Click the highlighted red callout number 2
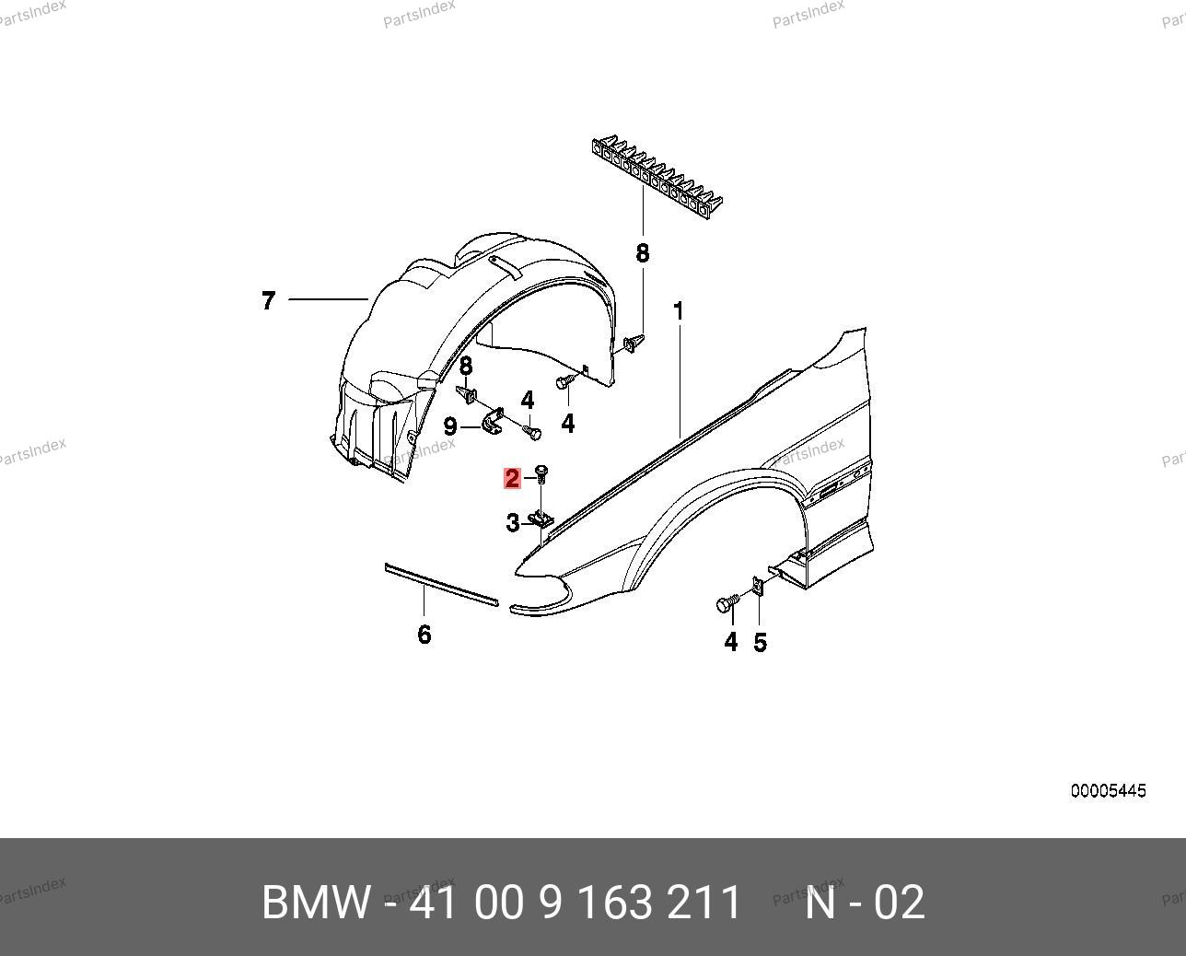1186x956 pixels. click(x=512, y=479)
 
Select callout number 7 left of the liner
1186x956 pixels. click(x=268, y=301)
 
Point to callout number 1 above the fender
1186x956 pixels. click(x=679, y=311)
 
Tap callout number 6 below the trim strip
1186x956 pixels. click(x=424, y=635)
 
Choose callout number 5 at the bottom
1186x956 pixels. click(x=760, y=643)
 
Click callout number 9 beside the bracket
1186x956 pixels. click(x=450, y=426)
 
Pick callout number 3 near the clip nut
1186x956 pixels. click(x=513, y=522)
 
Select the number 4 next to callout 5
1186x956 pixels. click(x=731, y=642)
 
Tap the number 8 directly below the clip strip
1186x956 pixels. click(x=643, y=253)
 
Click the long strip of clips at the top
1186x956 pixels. click(x=657, y=177)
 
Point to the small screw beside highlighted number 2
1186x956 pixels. click(x=541, y=474)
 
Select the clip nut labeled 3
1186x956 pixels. click(x=541, y=519)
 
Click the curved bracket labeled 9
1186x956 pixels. click(x=494, y=421)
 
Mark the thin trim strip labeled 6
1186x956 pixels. click(x=441, y=585)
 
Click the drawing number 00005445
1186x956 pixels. click(x=1109, y=791)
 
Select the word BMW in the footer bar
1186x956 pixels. click(x=316, y=903)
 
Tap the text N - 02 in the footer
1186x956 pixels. click(x=865, y=903)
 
